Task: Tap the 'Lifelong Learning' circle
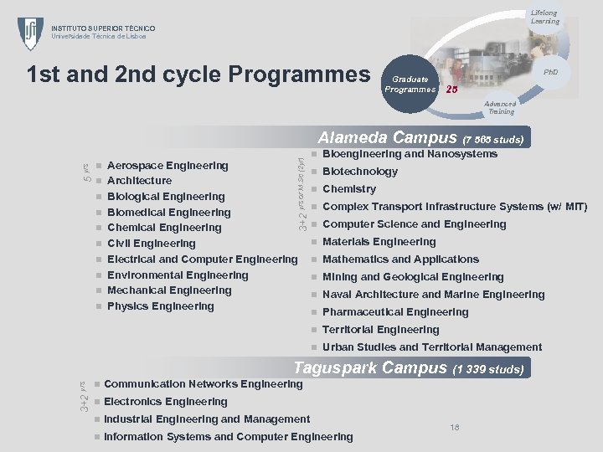click(544, 17)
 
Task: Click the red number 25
click(451, 89)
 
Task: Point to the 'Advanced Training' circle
click(501, 107)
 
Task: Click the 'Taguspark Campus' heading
click(370, 367)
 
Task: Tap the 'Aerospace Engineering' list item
click(167, 165)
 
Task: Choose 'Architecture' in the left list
click(139, 181)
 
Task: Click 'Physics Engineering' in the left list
click(161, 306)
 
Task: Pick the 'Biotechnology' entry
click(360, 172)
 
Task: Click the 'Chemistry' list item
click(349, 189)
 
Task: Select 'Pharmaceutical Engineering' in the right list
click(395, 312)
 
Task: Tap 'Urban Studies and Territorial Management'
click(432, 347)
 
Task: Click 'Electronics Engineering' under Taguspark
click(166, 402)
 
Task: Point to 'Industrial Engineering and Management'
click(207, 419)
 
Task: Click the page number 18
click(455, 428)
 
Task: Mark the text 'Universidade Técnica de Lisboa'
click(99, 36)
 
